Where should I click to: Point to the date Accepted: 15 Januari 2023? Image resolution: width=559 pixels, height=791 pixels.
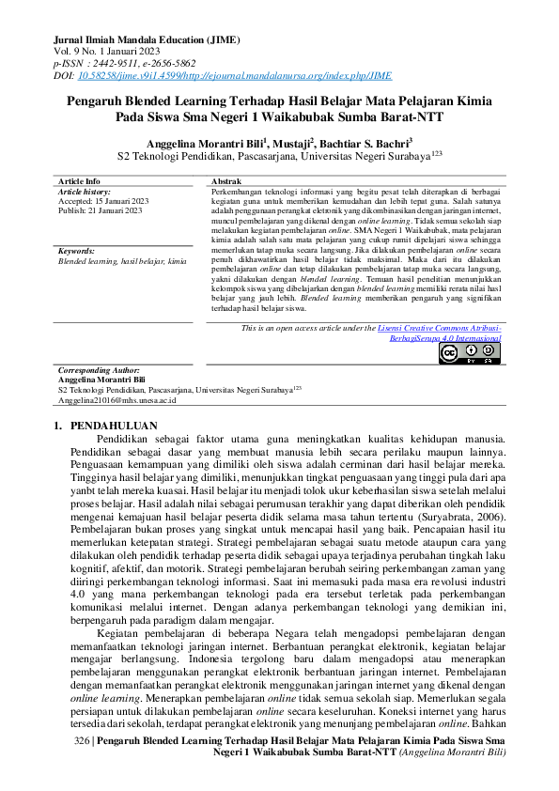103,200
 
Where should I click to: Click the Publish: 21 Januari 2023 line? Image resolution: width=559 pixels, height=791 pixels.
100,210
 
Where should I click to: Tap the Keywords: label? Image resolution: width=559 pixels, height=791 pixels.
76,252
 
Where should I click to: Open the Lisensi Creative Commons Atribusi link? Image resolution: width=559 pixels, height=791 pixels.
439,328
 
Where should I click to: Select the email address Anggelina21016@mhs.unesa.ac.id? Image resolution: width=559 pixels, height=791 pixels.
117,399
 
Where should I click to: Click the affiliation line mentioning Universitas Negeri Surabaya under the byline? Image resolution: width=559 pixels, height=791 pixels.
279,155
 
